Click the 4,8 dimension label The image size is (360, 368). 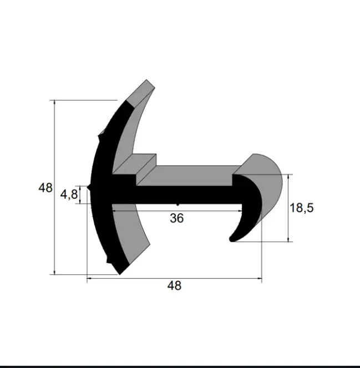pos(69,195)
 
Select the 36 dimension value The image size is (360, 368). pos(177,218)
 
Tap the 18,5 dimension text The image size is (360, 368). pos(302,208)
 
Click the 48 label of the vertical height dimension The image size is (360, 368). pos(45,188)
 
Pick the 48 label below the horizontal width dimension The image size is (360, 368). pos(175,286)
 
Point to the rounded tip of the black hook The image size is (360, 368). pos(232,239)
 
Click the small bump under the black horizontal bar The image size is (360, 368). pos(178,205)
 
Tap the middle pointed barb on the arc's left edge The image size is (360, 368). pos(89,187)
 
